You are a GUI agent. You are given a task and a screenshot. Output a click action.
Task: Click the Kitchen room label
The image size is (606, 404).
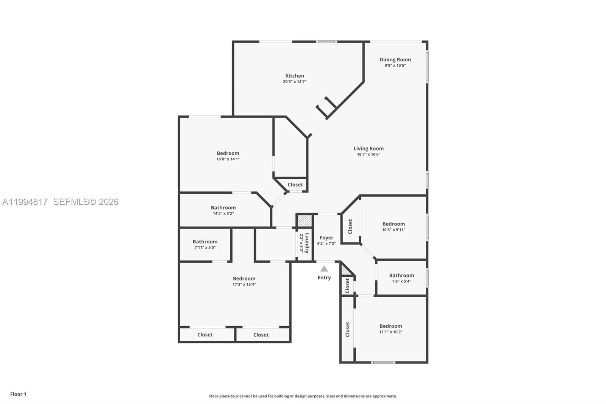[x=295, y=76]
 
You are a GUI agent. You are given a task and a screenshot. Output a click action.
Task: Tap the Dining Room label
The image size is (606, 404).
[x=395, y=60]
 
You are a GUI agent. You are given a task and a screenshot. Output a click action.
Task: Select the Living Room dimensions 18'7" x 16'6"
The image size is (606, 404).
[x=368, y=154]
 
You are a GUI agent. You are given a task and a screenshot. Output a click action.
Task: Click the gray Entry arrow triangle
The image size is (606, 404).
[x=324, y=269]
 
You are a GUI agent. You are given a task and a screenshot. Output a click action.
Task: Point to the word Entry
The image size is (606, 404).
[x=324, y=277]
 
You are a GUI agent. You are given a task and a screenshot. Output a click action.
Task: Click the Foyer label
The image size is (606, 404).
[x=326, y=238]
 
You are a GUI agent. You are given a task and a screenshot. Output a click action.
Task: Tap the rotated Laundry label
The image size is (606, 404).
[x=307, y=243]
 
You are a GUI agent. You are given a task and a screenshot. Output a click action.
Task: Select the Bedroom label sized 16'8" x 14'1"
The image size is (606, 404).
[x=228, y=153]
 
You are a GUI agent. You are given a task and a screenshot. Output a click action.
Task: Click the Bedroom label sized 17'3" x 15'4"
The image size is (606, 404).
[x=244, y=279]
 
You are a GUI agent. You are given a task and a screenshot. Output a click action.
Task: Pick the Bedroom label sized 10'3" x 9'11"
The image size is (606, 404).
[x=394, y=224]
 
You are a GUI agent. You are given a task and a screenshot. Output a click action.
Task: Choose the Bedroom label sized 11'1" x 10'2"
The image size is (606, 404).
[x=390, y=326]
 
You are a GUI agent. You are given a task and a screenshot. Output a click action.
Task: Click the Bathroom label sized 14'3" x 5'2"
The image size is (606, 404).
[x=223, y=208]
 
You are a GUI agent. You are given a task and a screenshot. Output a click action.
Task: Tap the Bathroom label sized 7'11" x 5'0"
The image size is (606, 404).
[x=205, y=241]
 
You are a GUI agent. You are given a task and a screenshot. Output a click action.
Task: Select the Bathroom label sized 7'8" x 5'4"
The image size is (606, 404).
[x=401, y=276]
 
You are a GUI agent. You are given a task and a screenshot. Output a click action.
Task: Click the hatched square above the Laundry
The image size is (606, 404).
[x=304, y=221]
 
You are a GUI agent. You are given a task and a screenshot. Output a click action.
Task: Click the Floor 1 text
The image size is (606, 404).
[x=18, y=394]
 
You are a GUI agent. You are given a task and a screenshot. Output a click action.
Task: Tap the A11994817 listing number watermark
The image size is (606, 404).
[x=25, y=202]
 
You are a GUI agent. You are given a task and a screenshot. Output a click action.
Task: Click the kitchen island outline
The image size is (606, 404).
[x=326, y=107]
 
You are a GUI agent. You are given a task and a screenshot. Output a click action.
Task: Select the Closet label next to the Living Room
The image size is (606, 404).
[x=295, y=185]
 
